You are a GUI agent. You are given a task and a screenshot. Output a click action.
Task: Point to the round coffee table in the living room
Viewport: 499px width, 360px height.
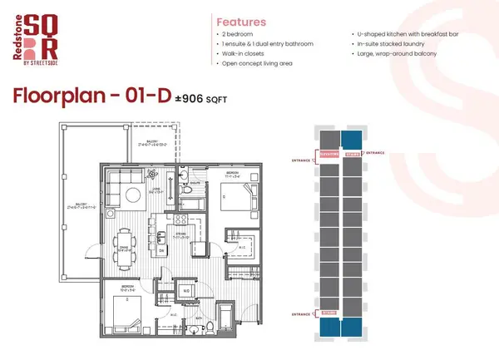tap(133, 195)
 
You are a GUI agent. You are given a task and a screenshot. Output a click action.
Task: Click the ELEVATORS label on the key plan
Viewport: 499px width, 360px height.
tap(329, 153)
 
